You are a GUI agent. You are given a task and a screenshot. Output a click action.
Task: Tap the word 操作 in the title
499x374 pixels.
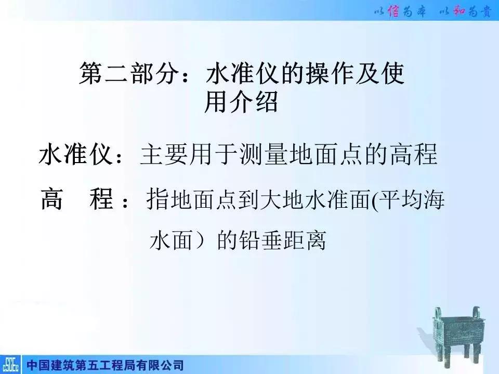pyautogui.click(x=331, y=75)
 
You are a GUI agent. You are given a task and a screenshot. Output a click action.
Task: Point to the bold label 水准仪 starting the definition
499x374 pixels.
pyautogui.click(x=75, y=155)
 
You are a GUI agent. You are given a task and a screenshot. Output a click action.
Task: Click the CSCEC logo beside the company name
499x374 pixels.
pyautogui.click(x=11, y=364)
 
